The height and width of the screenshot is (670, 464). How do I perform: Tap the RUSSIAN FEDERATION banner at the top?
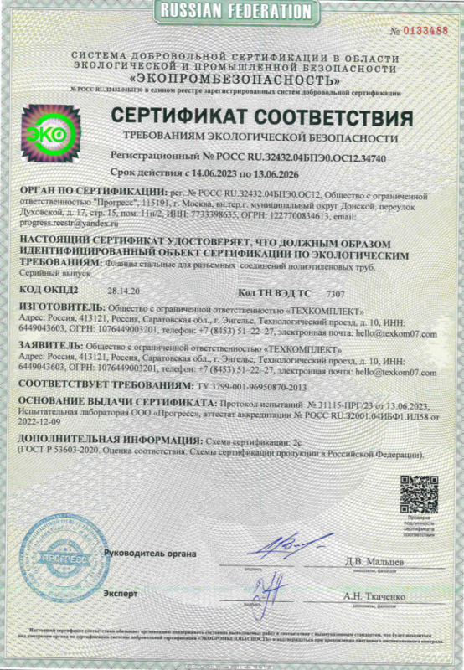click(232, 10)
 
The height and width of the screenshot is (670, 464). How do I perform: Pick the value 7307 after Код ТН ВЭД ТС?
click(335, 293)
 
